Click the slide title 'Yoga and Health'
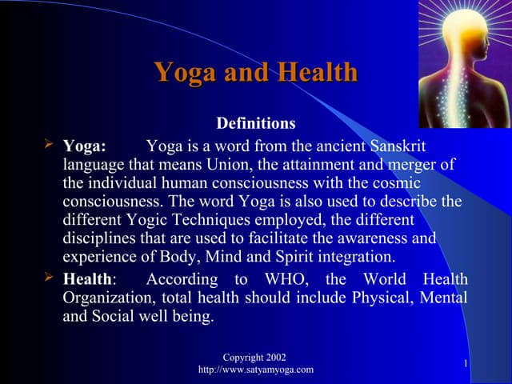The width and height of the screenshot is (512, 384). click(x=256, y=73)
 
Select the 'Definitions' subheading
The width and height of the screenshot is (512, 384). click(x=256, y=124)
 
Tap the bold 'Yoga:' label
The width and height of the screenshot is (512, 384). click(x=84, y=147)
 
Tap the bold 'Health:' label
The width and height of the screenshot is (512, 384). click(x=89, y=280)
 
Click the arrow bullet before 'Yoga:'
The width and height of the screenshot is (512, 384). click(x=50, y=146)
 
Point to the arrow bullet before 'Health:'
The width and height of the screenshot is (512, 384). click(x=50, y=278)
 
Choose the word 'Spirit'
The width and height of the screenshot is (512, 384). click(x=274, y=256)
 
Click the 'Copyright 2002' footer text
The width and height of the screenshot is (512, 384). click(x=255, y=356)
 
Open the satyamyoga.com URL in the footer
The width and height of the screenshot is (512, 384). click(x=255, y=369)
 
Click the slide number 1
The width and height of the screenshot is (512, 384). click(x=466, y=364)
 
